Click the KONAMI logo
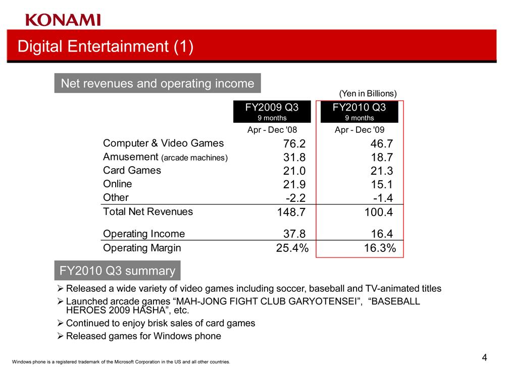tap(63, 20)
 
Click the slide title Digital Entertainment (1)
tap(106, 46)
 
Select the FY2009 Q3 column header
tap(272, 112)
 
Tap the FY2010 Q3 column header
tap(360, 112)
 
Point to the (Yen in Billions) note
tap(368, 94)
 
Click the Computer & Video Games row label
tap(163, 143)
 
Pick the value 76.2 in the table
tap(294, 143)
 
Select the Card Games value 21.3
tap(382, 171)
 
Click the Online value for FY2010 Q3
tap(382, 184)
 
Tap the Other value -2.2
tap(295, 198)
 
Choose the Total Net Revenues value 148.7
tap(291, 212)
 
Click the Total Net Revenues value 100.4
tap(379, 212)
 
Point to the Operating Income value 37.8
tap(294, 234)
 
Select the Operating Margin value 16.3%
tap(380, 248)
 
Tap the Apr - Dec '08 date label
tap(272, 130)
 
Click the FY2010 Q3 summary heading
tap(117, 271)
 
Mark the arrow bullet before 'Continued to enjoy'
tap(60, 323)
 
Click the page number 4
tap(484, 357)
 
